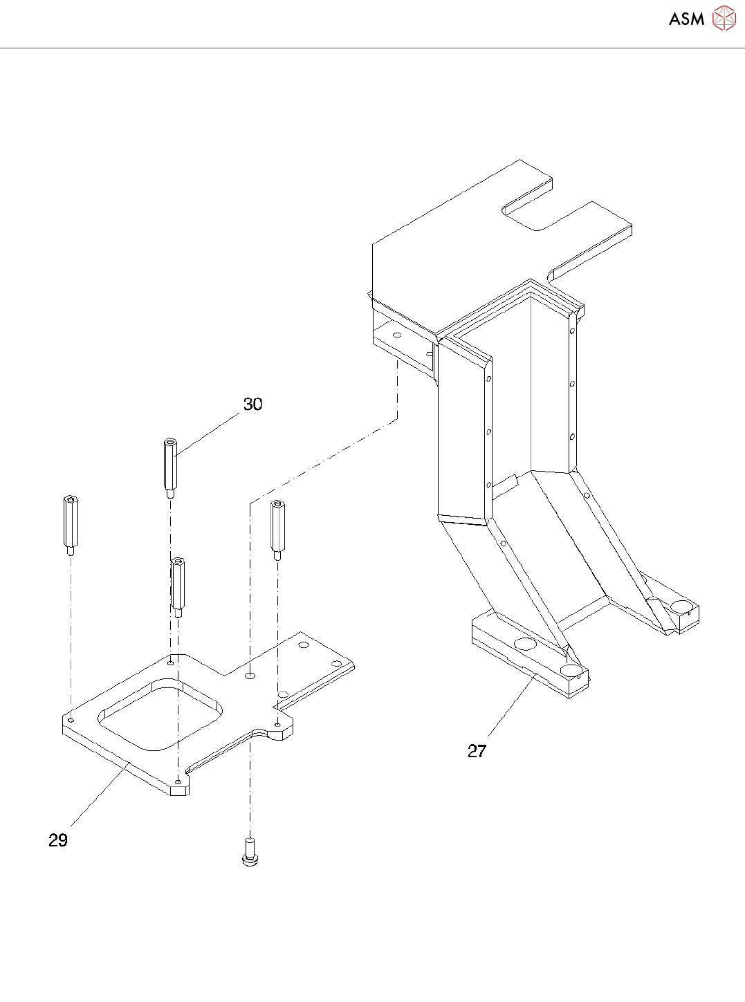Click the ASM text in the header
point(686,19)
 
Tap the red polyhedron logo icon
point(724,18)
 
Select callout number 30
point(252,405)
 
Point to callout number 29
point(58,840)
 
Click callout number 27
point(477,751)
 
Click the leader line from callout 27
point(512,705)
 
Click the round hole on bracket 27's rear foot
point(681,606)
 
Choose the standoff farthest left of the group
point(71,525)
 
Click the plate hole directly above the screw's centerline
point(250,674)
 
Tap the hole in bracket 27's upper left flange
point(396,335)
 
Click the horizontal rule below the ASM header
point(372,48)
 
